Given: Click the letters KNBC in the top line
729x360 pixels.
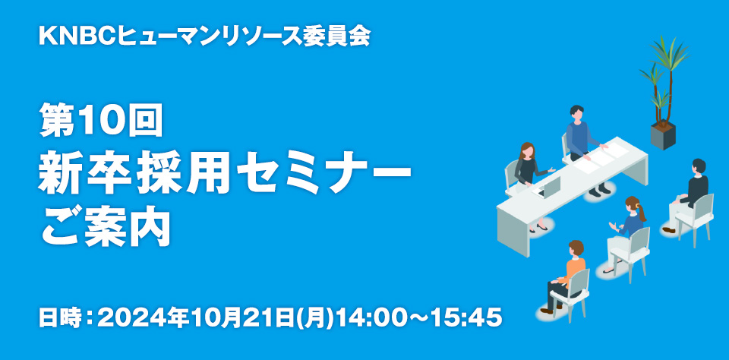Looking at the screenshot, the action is pos(77,36).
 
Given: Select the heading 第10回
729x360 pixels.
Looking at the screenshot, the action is pos(101,119).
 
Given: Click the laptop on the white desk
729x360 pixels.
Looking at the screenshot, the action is pos(548,187).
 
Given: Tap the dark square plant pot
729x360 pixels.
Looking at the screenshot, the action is pos(663,135).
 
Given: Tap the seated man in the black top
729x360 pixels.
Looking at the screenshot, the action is pos(686,195).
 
